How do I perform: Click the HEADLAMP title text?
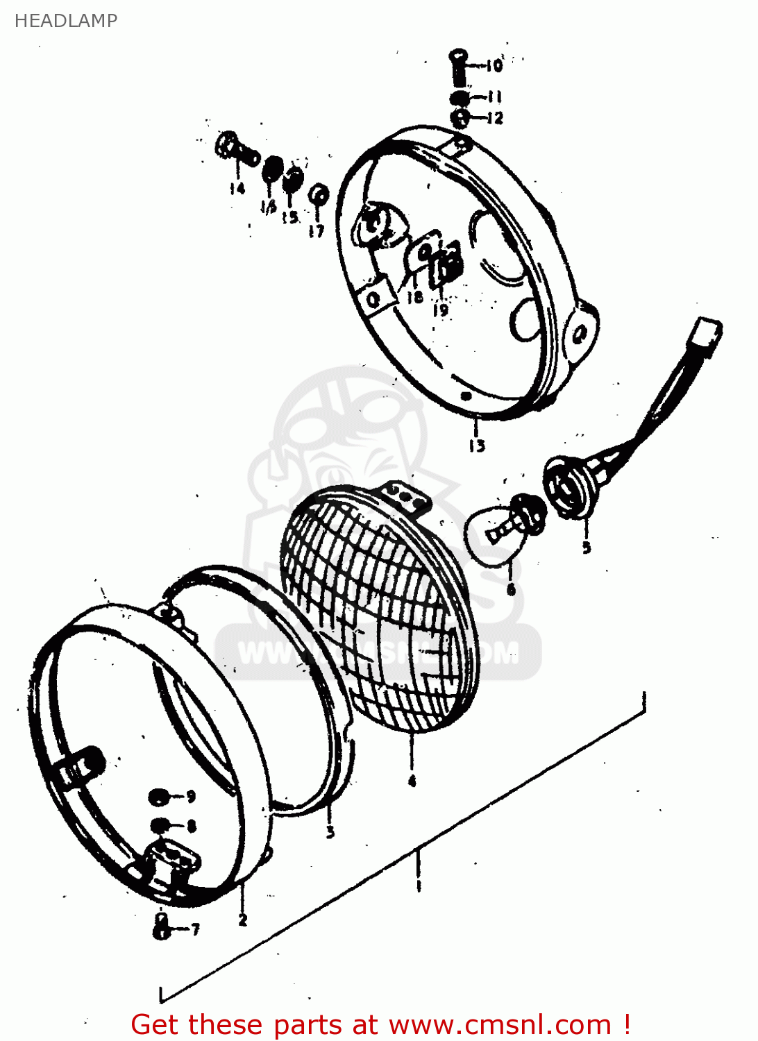click(x=66, y=21)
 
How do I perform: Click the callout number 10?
click(x=494, y=66)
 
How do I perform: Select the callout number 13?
click(x=477, y=446)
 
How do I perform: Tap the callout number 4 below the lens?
click(x=412, y=781)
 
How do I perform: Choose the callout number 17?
click(x=317, y=230)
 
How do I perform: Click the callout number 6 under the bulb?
click(x=511, y=590)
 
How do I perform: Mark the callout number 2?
click(x=242, y=920)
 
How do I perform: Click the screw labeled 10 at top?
click(x=458, y=66)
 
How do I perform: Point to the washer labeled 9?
click(x=159, y=796)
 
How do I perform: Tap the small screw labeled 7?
click(x=162, y=926)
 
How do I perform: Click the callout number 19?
click(x=441, y=310)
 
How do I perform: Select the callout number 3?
click(x=330, y=831)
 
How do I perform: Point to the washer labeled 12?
click(x=460, y=117)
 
